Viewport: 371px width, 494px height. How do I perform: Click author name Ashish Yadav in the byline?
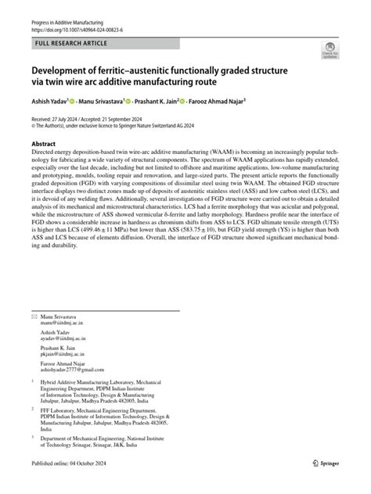(52, 102)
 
